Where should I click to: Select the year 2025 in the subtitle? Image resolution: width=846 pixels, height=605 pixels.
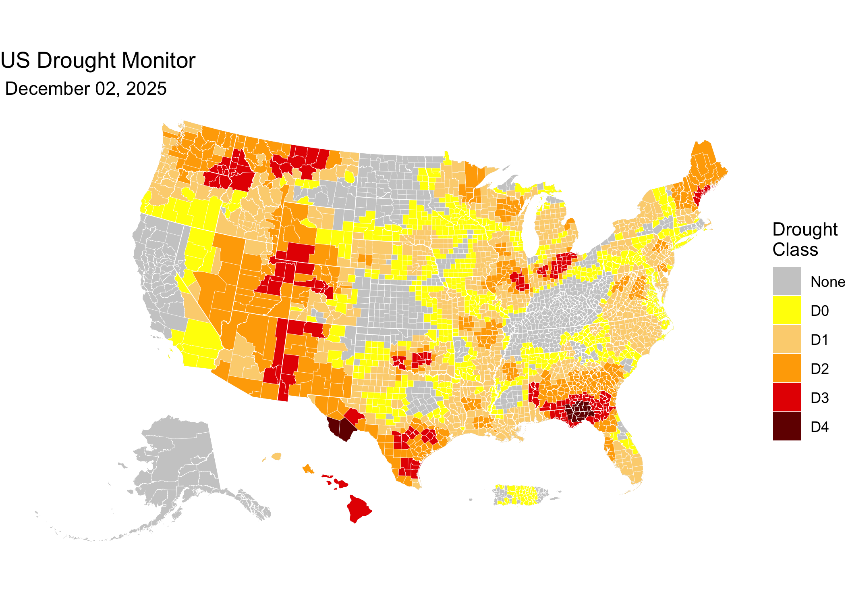(146, 89)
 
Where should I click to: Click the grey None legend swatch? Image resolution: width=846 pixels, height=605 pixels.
(787, 281)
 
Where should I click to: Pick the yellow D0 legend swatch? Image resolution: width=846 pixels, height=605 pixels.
(787, 310)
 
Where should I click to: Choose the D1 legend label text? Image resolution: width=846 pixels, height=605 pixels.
(819, 340)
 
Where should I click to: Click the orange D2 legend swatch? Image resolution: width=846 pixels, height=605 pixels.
(787, 368)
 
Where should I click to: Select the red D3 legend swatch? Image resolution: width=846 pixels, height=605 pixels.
(787, 397)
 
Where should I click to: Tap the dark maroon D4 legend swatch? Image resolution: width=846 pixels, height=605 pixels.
(787, 426)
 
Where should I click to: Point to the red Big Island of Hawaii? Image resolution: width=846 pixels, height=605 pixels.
(358, 509)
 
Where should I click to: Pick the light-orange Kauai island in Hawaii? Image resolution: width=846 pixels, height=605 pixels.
(276, 456)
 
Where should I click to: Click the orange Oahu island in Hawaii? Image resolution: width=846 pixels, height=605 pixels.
(308, 469)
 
